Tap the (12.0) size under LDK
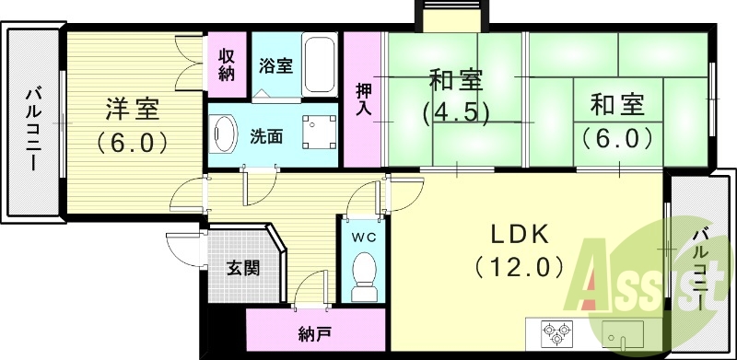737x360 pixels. point(519,267)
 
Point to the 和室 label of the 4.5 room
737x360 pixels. point(454,80)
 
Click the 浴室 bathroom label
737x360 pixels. point(275,66)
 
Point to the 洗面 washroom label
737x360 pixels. point(266,136)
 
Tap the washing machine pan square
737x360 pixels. point(319,134)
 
